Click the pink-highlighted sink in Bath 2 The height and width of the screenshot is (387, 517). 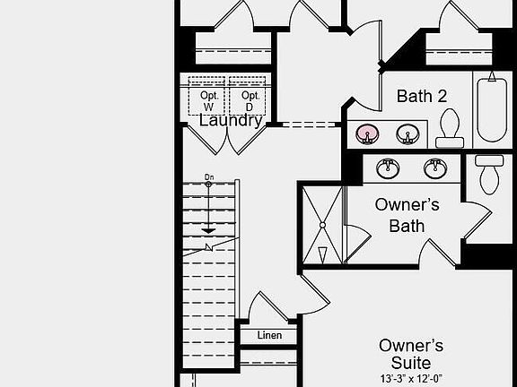tap(367, 135)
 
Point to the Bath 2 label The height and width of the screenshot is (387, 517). tap(422, 96)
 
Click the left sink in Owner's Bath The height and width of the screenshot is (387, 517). tap(388, 168)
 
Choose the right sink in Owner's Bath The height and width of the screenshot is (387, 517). tap(436, 168)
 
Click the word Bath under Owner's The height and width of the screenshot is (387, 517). tap(407, 226)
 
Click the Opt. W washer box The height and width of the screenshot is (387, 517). tap(208, 97)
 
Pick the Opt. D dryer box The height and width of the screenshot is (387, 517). tap(250, 97)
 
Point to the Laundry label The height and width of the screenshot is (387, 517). tap(231, 120)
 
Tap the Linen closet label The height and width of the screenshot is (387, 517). tap(269, 336)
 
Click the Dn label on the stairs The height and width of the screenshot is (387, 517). tap(209, 177)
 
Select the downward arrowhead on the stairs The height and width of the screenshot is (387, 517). tap(209, 230)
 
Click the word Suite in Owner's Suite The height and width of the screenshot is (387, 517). tap(410, 362)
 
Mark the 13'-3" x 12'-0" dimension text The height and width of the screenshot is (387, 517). tap(410, 379)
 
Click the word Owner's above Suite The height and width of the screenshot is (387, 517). tap(410, 345)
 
